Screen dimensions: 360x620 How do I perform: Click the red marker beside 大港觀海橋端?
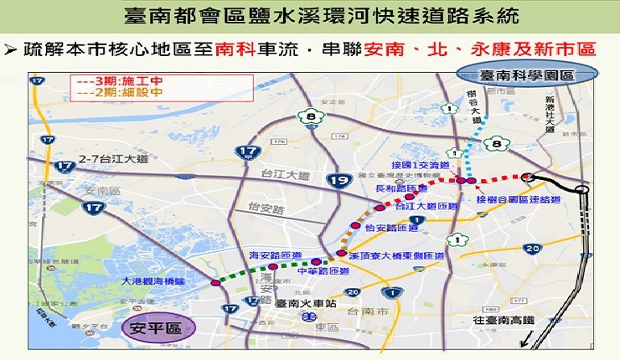point(216,283)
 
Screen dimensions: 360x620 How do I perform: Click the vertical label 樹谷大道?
point(473,109)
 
